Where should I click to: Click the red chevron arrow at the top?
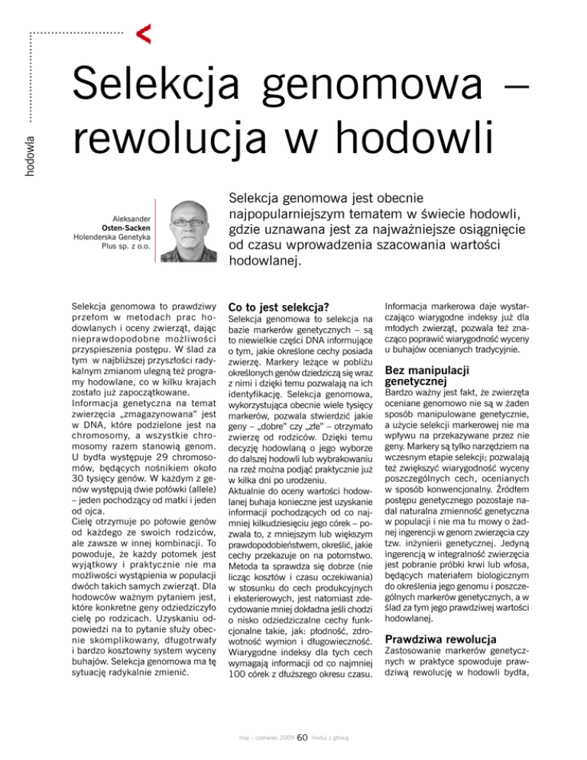point(141,32)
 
